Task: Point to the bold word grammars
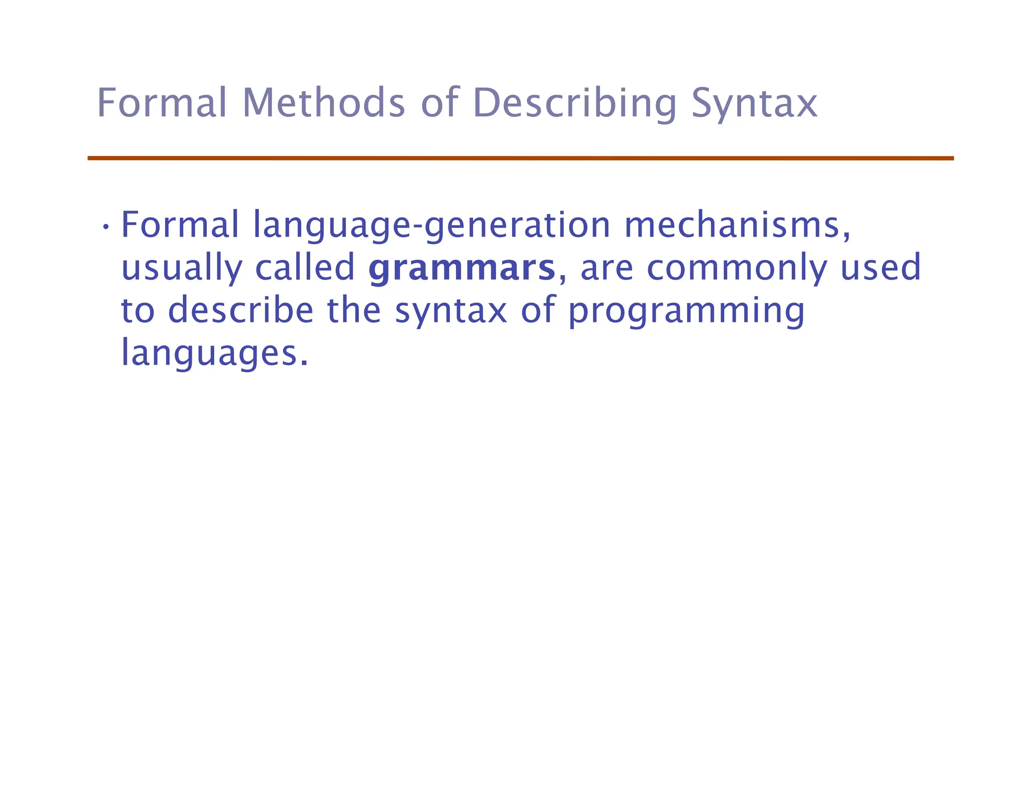pos(462,268)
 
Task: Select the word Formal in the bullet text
pos(180,225)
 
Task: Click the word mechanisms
pos(737,225)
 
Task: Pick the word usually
pos(181,268)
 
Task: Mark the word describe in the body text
pos(241,310)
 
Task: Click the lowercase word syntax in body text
pos(451,311)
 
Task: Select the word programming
pos(686,311)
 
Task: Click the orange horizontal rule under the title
pos(520,158)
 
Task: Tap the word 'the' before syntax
pos(353,310)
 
